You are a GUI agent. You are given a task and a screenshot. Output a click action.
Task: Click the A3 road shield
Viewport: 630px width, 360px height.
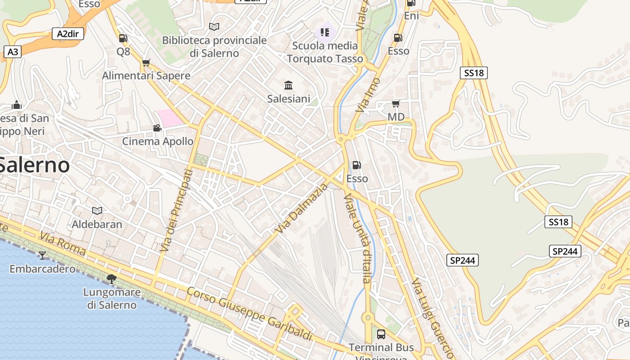pos(13,52)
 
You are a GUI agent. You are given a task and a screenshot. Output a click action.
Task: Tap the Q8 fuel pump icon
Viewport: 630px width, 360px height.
pos(123,38)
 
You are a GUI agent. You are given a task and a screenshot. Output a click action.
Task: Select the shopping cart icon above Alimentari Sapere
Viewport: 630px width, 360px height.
pos(146,63)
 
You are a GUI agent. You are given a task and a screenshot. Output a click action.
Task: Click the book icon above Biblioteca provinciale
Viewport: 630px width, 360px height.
pos(214,27)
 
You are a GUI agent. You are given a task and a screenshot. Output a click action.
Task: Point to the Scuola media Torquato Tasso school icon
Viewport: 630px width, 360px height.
pos(325,32)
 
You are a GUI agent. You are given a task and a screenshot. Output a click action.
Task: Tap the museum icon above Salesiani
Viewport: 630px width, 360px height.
pos(288,85)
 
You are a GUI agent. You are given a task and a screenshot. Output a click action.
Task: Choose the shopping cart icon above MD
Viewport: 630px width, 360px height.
pos(396,104)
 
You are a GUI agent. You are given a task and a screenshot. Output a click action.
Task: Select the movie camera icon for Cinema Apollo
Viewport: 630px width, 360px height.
pos(157,128)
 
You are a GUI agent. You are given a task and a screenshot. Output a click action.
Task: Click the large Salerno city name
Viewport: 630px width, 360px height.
pos(34,165)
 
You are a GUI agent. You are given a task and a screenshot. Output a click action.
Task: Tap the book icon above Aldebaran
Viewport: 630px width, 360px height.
pos(97,211)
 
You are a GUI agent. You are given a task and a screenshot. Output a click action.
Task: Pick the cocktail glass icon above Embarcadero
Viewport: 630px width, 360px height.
pos(42,256)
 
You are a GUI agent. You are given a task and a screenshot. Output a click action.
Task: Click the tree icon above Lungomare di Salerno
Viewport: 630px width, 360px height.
pos(111,279)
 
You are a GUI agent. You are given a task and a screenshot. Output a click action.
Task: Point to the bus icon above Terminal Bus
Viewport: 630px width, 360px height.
pos(381,334)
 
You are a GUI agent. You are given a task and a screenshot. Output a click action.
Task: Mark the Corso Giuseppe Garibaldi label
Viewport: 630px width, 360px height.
pos(249,313)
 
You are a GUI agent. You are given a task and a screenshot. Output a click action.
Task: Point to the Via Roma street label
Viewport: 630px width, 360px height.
pos(62,243)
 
